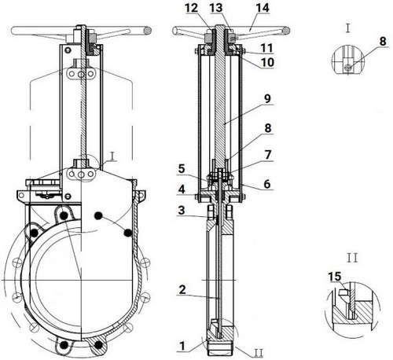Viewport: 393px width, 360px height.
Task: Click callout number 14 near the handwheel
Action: (x=263, y=8)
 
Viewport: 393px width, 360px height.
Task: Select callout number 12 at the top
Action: (x=192, y=8)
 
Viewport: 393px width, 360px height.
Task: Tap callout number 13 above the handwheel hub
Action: (x=216, y=8)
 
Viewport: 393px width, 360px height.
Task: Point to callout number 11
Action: (x=266, y=48)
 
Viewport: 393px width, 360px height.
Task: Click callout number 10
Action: (x=267, y=62)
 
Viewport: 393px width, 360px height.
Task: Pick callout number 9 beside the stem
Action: (x=267, y=99)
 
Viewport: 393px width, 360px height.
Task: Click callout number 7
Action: (x=267, y=155)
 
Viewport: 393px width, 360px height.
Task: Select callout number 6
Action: (x=267, y=184)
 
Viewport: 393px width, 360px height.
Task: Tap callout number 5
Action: (x=182, y=169)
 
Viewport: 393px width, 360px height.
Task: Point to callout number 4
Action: (x=182, y=189)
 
